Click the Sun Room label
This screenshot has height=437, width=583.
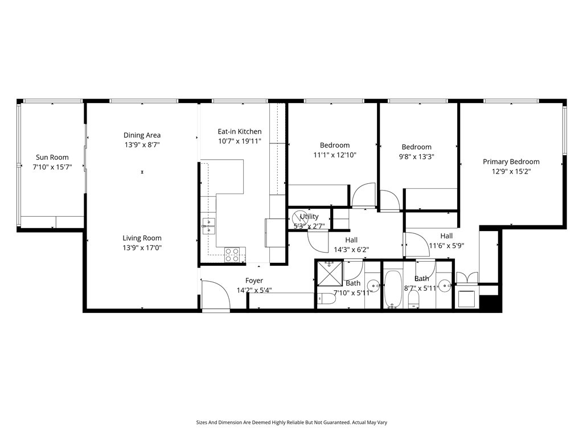52,158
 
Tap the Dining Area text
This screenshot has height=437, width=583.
142,135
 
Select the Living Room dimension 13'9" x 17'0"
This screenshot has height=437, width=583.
142,248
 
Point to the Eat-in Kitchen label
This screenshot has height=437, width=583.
240,131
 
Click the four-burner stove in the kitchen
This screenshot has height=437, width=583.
232,254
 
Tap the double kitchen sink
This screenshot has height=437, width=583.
208,226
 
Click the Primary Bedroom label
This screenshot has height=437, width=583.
511,162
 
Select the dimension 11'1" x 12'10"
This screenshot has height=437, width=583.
335,155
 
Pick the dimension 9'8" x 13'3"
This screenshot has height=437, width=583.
416,156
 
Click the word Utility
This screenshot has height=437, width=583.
310,217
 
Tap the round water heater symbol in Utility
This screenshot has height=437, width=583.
298,217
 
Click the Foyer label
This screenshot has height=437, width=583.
254,281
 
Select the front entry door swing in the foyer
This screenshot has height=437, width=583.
215,295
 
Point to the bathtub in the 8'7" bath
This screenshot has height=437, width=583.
393,289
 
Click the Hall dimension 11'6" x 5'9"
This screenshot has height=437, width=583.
446,246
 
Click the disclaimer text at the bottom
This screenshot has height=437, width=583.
291,423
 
